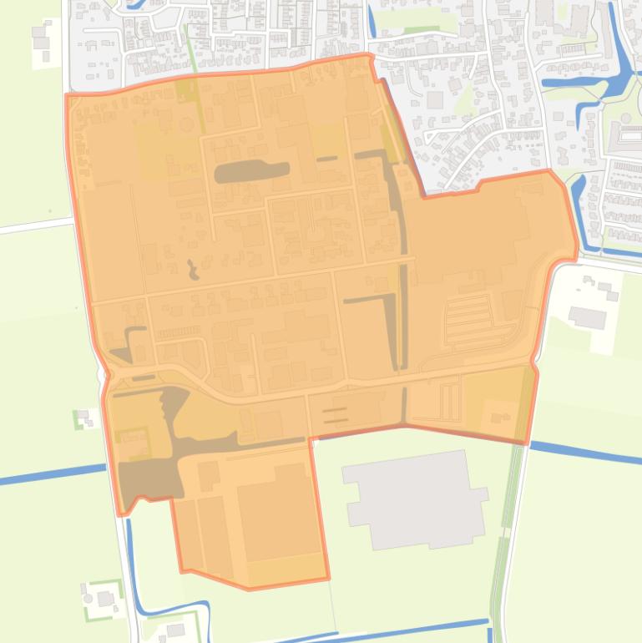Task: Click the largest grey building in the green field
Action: coord(415,499)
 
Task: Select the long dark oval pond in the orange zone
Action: coord(251,171)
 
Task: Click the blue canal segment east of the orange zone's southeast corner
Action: coord(584,453)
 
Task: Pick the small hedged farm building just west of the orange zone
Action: coord(83,417)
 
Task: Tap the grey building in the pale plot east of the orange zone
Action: coord(588,316)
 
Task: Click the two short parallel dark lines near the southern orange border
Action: coord(335,414)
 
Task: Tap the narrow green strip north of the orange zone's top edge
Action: coord(191,50)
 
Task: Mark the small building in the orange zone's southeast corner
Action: coord(502,415)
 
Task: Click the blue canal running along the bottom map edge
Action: coord(401,629)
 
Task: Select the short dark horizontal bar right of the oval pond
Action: coord(326,158)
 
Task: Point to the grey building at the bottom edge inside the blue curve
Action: coord(176,630)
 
